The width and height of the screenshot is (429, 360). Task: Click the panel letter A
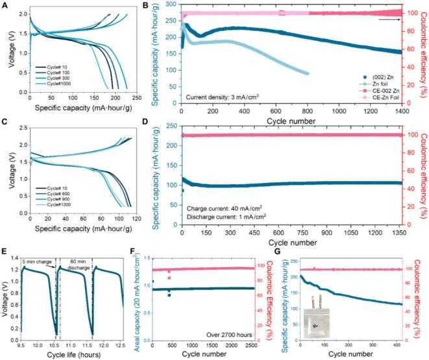point(5,5)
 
